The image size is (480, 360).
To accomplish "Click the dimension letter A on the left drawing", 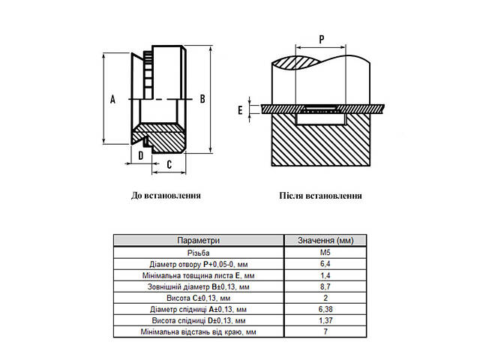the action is [x=112, y=99].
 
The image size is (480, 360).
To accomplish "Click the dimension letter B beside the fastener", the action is [x=202, y=99].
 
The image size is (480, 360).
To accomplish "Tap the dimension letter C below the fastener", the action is [x=169, y=165].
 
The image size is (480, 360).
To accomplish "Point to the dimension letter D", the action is [x=140, y=155].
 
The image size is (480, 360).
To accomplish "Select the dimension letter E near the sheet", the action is [x=240, y=110].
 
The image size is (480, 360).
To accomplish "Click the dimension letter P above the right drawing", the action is [x=322, y=40].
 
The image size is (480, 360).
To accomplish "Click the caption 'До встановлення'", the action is [x=166, y=195].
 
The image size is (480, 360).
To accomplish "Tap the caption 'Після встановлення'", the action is [x=320, y=195].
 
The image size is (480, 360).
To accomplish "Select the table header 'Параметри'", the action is [x=198, y=240].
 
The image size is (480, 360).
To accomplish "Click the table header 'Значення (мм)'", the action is [x=325, y=240].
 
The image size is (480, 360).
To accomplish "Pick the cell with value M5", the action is [x=325, y=253].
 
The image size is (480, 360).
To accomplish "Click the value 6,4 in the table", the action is [x=325, y=263].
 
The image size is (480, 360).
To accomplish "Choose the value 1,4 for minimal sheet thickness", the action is [x=325, y=275].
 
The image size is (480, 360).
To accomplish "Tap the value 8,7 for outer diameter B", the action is [x=325, y=286].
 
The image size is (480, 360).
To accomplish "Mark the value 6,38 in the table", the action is [x=325, y=309].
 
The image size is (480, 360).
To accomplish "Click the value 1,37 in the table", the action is [x=325, y=320].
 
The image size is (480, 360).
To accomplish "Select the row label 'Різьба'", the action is [x=198, y=253].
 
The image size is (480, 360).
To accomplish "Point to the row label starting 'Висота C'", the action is [x=198, y=298].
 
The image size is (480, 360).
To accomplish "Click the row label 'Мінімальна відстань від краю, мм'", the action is [x=198, y=331].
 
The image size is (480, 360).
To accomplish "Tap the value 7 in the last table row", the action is [x=325, y=331].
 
